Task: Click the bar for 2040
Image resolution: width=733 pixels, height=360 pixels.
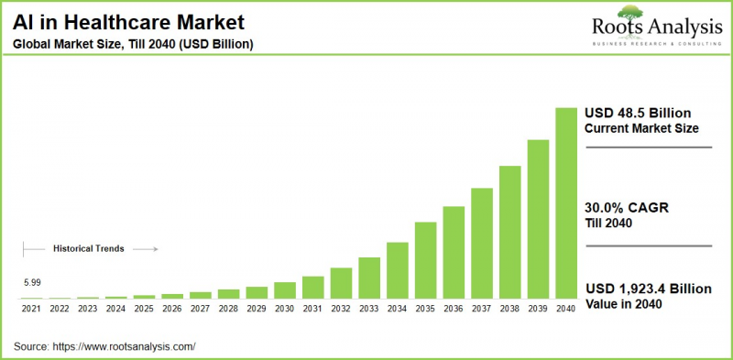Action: click(567, 203)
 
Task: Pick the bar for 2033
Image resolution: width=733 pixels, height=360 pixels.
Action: click(369, 278)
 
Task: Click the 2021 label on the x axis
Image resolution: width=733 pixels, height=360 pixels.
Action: click(32, 309)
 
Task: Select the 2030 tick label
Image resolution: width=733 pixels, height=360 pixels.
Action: click(285, 309)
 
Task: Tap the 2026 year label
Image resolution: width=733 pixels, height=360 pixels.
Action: click(172, 309)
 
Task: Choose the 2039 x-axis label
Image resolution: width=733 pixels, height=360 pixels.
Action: click(538, 309)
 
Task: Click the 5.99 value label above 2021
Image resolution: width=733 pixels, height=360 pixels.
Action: click(32, 283)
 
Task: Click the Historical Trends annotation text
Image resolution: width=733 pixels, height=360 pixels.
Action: click(88, 248)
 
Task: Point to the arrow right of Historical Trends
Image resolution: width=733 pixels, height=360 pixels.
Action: click(148, 248)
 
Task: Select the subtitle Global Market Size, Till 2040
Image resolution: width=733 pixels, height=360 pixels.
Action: click(133, 44)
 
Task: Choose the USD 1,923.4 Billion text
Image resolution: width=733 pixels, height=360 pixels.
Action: click(648, 289)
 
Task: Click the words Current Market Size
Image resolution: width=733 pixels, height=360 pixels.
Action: click(640, 128)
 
